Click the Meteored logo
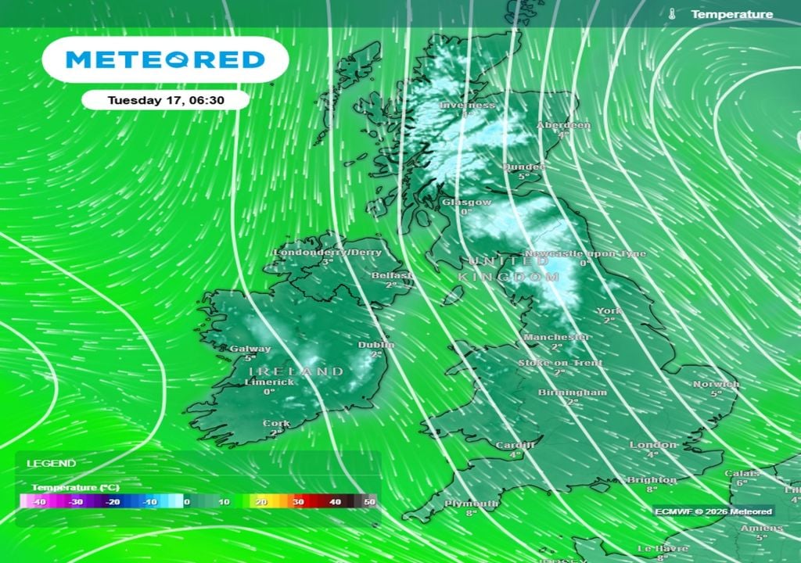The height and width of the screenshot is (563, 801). (165, 59)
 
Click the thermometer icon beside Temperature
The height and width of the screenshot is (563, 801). (672, 14)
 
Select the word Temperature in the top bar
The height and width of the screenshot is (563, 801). (731, 14)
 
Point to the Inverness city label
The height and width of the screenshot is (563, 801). (468, 105)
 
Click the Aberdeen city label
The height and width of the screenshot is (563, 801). (563, 125)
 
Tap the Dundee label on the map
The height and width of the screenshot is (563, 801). (523, 167)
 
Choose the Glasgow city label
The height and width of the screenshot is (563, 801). (467, 202)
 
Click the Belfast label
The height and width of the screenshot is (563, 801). (392, 276)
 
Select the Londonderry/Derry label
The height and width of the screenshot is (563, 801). (328, 253)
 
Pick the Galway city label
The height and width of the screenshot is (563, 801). (250, 349)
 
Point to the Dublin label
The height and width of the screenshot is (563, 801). (376, 345)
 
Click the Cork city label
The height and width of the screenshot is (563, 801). (276, 424)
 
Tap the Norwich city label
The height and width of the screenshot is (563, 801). (716, 384)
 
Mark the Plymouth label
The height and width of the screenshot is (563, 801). (472, 504)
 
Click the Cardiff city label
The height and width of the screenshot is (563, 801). (515, 445)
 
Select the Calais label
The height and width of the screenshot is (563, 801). (742, 473)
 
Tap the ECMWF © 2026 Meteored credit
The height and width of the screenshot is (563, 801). (713, 511)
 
